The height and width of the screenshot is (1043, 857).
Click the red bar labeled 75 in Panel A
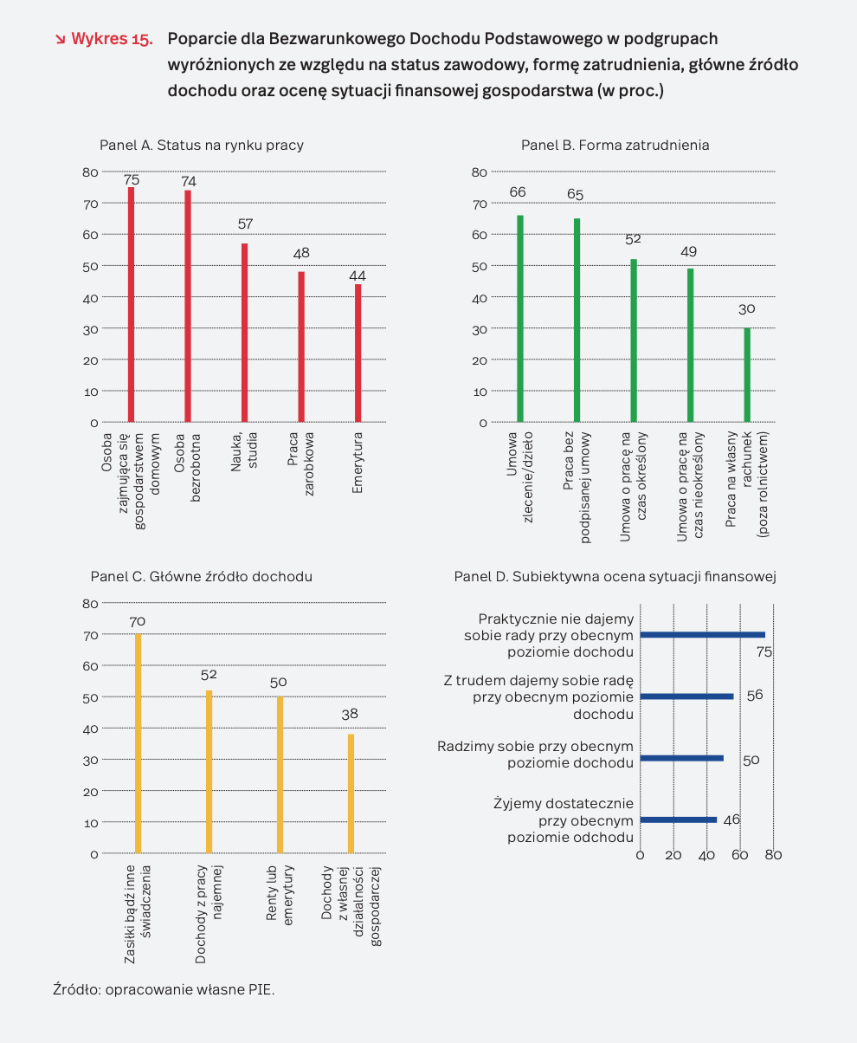[x=131, y=304]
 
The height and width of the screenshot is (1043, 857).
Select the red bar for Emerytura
[x=358, y=353]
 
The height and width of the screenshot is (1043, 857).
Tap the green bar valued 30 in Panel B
[x=747, y=375]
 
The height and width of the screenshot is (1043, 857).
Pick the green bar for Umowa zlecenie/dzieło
[x=520, y=319]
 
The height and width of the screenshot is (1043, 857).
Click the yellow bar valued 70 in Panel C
[x=138, y=743]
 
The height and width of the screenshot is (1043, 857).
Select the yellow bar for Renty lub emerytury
[x=280, y=774]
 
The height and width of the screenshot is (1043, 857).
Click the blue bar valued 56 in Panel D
[x=686, y=696]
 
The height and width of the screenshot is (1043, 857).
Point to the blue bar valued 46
[x=678, y=819]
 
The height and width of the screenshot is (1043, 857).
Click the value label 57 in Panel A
[x=245, y=224]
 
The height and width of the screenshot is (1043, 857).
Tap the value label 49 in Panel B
[x=688, y=252]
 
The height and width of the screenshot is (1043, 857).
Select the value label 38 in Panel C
[x=350, y=714]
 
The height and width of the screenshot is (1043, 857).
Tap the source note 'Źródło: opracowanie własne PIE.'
[x=164, y=989]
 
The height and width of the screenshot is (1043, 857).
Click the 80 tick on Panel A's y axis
[x=90, y=172]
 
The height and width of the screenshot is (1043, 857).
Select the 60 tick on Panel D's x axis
[x=740, y=855]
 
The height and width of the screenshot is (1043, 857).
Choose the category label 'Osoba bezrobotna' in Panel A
[x=187, y=467]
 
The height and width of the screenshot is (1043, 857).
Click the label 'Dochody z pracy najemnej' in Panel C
[x=209, y=914]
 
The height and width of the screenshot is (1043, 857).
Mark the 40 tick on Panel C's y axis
[x=90, y=729]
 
